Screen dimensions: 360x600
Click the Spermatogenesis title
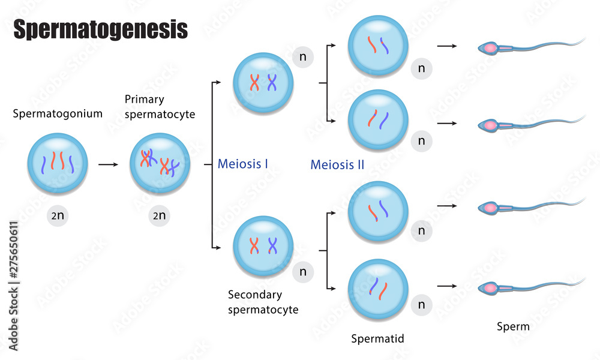point(101,29)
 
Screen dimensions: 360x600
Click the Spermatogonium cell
point(58,163)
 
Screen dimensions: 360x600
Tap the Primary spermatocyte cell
point(160,163)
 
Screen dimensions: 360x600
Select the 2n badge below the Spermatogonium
point(58,216)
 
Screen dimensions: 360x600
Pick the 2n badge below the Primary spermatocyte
point(160,216)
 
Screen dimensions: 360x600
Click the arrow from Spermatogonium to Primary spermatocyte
point(109,163)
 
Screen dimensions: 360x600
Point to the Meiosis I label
point(243,163)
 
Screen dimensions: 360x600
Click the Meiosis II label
point(337,164)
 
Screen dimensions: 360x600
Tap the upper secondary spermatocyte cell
point(263,83)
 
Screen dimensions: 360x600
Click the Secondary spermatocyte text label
point(263,302)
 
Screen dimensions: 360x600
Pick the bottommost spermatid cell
point(379,289)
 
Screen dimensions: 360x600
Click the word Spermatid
point(377,339)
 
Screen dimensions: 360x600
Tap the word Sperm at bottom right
point(514,327)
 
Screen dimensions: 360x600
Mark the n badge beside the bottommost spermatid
point(422,305)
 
